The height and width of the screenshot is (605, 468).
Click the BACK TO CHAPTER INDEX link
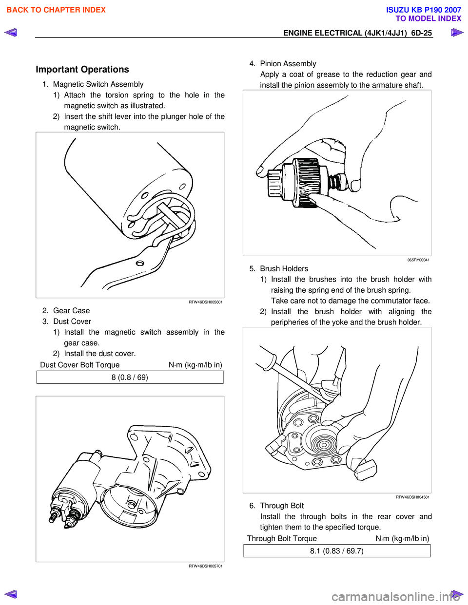tap(56, 10)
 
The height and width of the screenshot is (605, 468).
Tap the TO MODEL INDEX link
tap(428, 19)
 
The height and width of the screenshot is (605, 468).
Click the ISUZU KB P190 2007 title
tap(423, 10)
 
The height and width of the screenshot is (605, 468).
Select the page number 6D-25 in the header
tap(421, 33)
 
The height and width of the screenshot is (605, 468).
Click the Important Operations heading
tap(82, 69)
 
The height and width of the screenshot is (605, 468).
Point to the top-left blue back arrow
tap(11, 33)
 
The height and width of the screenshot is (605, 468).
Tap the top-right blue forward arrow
tap(457, 33)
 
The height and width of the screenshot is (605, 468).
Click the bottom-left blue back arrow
tap(11, 594)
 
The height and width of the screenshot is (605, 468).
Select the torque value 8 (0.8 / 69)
tap(130, 378)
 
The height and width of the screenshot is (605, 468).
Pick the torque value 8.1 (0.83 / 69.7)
tap(337, 551)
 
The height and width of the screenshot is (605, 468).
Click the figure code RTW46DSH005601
tap(205, 302)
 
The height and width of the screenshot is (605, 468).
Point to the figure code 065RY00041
tap(418, 260)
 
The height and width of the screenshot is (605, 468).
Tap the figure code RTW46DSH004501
tap(412, 497)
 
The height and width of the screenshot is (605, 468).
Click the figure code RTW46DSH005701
tap(205, 566)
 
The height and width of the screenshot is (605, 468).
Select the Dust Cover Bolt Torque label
tap(80, 365)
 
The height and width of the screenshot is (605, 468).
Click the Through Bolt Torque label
tap(282, 538)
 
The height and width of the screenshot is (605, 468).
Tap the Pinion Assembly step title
tap(288, 64)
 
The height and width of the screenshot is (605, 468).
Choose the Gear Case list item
tap(71, 311)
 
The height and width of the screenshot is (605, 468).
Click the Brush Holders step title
tap(284, 269)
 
